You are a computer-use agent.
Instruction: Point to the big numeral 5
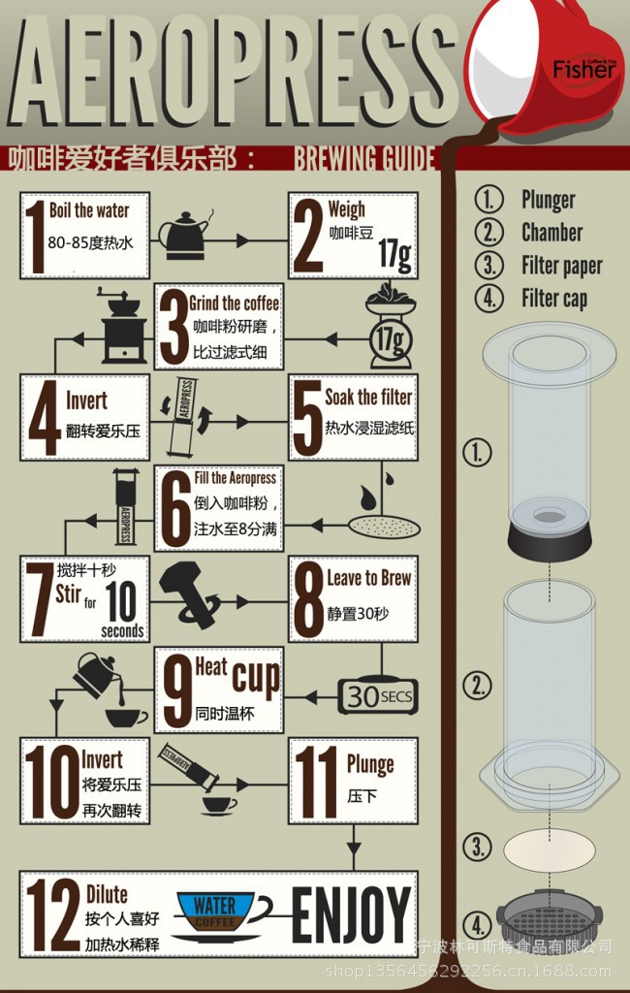click(308, 417)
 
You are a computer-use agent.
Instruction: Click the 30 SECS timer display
click(378, 696)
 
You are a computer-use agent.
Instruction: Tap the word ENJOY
click(351, 914)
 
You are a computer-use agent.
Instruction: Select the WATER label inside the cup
click(214, 905)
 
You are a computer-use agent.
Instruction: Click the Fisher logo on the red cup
click(583, 69)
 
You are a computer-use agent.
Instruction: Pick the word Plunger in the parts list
click(549, 200)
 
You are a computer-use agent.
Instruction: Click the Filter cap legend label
click(554, 298)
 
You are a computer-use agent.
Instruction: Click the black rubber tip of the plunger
click(550, 534)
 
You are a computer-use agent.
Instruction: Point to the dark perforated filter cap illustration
click(550, 915)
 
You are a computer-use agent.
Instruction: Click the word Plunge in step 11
click(370, 766)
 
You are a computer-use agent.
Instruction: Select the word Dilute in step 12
click(107, 894)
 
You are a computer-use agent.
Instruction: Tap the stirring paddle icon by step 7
click(190, 594)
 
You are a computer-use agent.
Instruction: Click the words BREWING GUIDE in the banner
click(364, 158)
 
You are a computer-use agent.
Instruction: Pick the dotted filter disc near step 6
click(384, 525)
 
